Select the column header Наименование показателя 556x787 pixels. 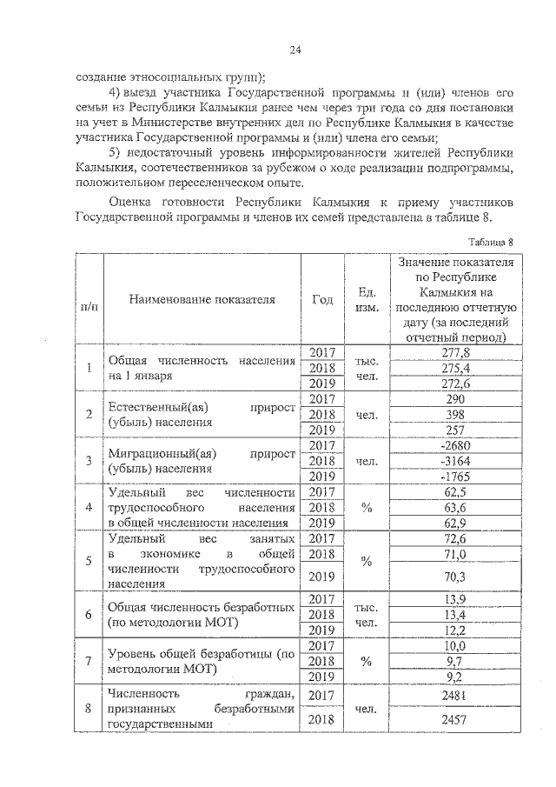(x=202, y=299)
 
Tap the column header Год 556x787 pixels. (x=322, y=299)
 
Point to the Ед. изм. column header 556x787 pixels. (x=366, y=300)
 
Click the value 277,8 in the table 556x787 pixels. (x=455, y=352)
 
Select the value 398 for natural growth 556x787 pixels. (x=455, y=414)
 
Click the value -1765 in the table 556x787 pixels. (x=455, y=477)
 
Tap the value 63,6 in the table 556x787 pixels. (x=455, y=508)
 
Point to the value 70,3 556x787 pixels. (x=455, y=576)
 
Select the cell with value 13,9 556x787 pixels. (x=455, y=598)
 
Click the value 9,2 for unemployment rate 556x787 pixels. (x=455, y=677)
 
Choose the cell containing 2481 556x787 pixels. (x=455, y=695)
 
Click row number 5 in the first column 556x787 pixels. (x=89, y=561)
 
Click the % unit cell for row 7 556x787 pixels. (x=366, y=661)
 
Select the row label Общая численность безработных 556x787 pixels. (x=202, y=606)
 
